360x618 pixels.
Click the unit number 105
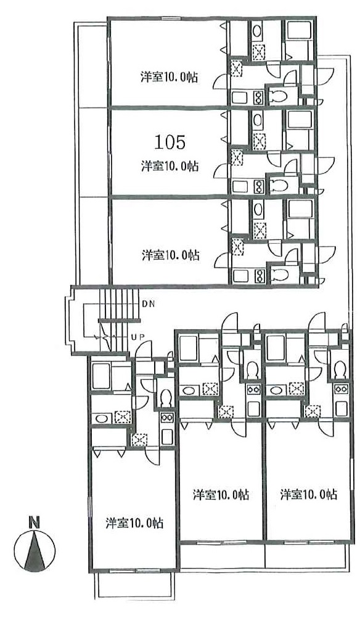pos(170,142)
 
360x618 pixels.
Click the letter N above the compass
pos(35,522)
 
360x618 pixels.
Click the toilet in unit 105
pos(279,184)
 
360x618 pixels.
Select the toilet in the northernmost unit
pos(279,95)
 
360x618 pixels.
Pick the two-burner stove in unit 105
pos(258,185)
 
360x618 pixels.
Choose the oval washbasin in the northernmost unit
pos(256,30)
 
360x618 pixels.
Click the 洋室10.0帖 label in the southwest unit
pos(134,524)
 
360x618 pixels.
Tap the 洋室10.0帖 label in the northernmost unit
pos(169,77)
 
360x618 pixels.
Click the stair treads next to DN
pos(119,303)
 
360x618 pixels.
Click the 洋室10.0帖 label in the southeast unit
pos(308,494)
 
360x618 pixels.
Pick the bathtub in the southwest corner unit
pos(101,376)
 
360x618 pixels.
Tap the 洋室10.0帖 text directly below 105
pos(170,166)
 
